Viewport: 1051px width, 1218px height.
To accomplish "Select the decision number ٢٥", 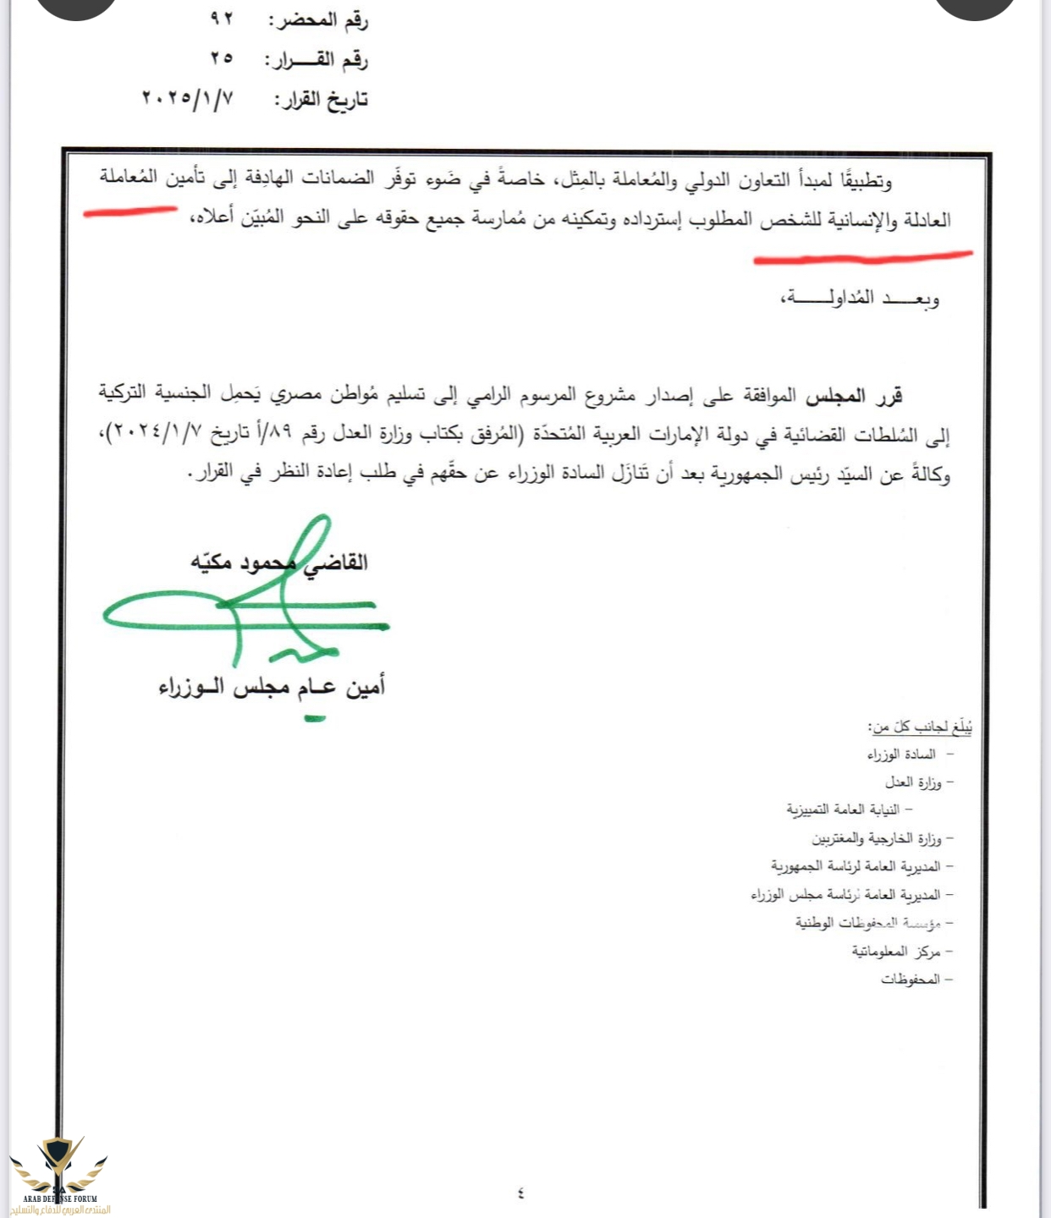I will (222, 59).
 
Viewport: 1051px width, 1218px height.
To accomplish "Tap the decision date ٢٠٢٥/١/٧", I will (187, 99).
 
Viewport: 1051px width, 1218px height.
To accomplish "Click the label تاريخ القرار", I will (321, 101).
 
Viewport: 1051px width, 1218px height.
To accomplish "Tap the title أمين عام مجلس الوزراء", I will (272, 686).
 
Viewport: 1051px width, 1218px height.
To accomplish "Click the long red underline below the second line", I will (863, 256).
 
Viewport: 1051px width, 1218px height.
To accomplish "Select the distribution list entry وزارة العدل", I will (913, 782).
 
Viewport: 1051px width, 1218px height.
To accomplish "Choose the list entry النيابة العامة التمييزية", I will (843, 810).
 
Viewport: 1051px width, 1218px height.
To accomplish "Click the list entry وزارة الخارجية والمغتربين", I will (877, 838).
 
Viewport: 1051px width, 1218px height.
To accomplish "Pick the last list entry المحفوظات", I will (911, 979).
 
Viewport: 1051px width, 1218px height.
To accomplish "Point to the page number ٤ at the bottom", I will (520, 1193).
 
